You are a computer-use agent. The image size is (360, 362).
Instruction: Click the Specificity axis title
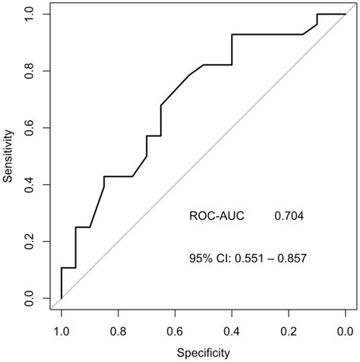point(203,354)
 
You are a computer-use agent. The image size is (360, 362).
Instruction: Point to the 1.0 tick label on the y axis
point(29,14)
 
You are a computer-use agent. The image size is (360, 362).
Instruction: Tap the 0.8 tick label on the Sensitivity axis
point(29,71)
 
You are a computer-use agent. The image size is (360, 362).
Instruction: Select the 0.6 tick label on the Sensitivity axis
point(29,128)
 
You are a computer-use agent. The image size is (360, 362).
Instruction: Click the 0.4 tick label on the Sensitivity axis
point(29,185)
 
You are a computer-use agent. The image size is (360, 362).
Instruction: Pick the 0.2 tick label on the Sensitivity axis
point(29,242)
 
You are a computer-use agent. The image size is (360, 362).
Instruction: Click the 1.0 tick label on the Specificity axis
point(61,331)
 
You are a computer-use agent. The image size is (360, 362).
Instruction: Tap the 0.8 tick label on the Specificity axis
point(118,331)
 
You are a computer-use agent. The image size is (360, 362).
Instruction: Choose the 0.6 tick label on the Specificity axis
point(175,331)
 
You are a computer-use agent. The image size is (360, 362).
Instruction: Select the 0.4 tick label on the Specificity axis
point(232,331)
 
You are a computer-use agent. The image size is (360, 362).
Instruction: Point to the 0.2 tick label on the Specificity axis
point(289,331)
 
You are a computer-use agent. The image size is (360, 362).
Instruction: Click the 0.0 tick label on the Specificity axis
point(345,331)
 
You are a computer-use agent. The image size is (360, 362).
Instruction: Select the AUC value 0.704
point(289,217)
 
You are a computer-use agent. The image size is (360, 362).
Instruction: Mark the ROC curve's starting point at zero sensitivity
point(61,298)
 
